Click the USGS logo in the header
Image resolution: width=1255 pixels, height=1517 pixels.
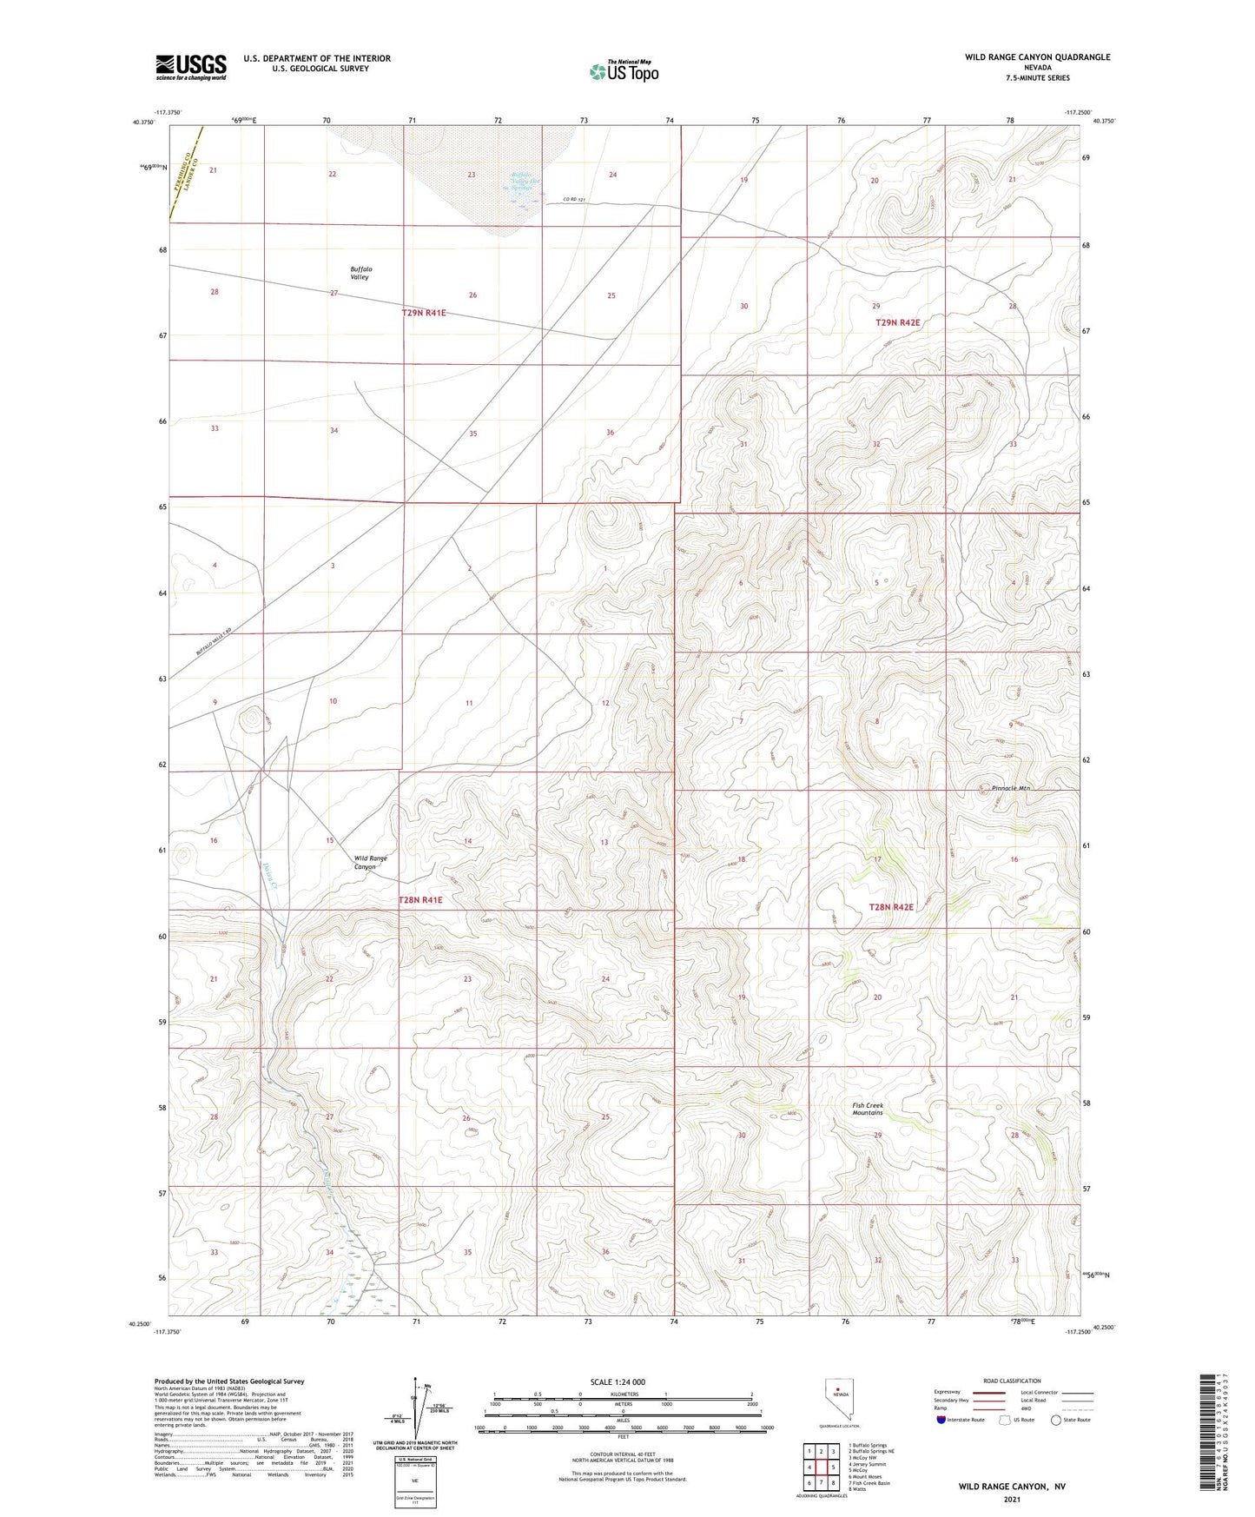pyautogui.click(x=191, y=66)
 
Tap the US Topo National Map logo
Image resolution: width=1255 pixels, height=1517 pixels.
pyautogui.click(x=624, y=70)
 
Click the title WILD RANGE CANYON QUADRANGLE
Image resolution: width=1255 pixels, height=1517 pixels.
pyautogui.click(x=1037, y=57)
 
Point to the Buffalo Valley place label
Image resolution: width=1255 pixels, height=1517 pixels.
pyautogui.click(x=360, y=273)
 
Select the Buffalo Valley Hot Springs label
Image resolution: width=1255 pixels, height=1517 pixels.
pyautogui.click(x=523, y=181)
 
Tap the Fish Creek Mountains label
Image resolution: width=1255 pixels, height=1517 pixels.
pyautogui.click(x=867, y=1109)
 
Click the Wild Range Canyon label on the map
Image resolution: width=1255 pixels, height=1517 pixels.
pyautogui.click(x=370, y=862)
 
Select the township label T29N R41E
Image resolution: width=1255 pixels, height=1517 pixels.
pyautogui.click(x=424, y=313)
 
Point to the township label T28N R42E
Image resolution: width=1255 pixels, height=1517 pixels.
pyautogui.click(x=891, y=907)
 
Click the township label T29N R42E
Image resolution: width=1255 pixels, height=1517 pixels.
pyautogui.click(x=897, y=322)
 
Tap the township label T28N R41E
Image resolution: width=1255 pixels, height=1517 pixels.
pyautogui.click(x=420, y=900)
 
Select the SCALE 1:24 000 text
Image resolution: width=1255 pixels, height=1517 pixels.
pyautogui.click(x=618, y=1381)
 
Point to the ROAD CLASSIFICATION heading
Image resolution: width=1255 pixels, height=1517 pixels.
pyautogui.click(x=1012, y=1381)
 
